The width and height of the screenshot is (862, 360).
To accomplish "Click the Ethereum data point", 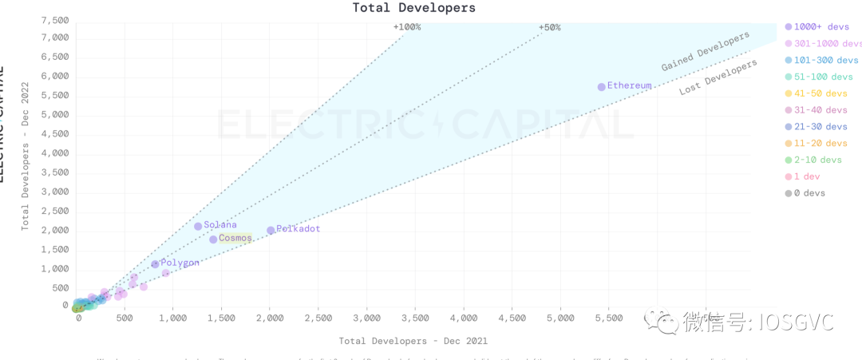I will click(x=602, y=86).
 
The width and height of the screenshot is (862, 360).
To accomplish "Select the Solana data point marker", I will click(x=198, y=226).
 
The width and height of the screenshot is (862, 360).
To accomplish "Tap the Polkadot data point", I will click(x=271, y=230).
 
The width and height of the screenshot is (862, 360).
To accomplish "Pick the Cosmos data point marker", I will click(x=213, y=239).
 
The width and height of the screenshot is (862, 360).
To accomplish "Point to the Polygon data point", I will click(x=155, y=263).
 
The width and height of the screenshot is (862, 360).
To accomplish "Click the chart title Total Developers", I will click(x=414, y=8).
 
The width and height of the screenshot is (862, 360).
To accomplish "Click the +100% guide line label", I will click(x=407, y=27).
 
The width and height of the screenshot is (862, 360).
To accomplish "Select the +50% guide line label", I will click(x=550, y=27).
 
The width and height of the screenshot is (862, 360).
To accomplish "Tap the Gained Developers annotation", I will click(x=706, y=51).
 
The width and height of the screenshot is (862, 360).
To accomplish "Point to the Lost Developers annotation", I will click(x=718, y=78).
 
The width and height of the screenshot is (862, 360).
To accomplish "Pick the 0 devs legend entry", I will click(x=809, y=193).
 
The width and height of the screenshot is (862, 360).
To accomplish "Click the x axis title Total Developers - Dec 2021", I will click(x=413, y=341).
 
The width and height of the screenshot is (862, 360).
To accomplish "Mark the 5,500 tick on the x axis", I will click(x=609, y=318).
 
